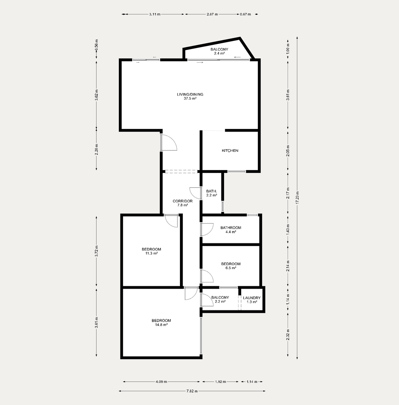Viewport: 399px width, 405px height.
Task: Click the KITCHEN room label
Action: (230, 151)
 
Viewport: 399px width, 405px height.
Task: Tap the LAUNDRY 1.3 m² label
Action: (252, 299)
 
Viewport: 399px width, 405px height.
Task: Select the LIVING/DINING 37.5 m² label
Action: (190, 96)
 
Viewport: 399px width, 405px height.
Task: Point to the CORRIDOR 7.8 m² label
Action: (182, 203)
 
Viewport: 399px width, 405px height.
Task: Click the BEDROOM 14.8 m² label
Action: (161, 322)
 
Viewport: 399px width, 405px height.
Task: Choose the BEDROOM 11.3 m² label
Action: (152, 251)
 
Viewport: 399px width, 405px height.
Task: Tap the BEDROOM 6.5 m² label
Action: (231, 266)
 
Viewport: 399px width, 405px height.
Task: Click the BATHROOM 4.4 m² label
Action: (231, 230)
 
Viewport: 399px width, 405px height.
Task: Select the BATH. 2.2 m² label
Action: (212, 193)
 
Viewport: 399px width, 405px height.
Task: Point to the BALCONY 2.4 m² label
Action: (219, 51)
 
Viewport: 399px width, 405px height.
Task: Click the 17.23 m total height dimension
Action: (297, 198)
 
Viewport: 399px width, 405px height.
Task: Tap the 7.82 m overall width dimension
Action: (192, 391)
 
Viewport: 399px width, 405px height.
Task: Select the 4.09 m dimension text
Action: (161, 382)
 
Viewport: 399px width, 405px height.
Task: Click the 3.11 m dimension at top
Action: (155, 14)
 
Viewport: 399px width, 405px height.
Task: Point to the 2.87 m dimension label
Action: (212, 14)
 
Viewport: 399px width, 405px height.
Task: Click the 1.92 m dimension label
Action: (221, 382)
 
